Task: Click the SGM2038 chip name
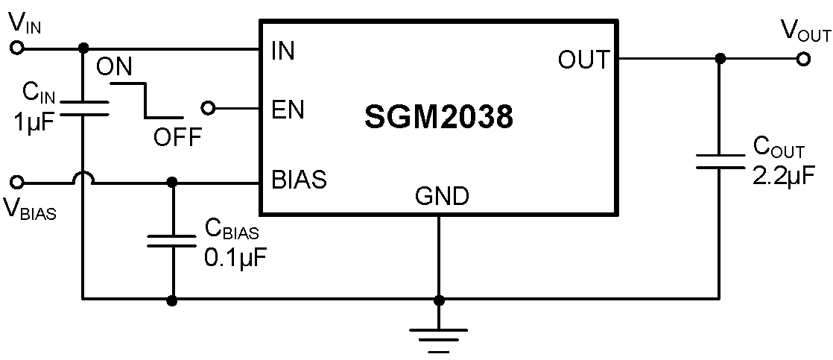coord(439,117)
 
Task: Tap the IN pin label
coord(282,51)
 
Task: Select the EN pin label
coord(288,110)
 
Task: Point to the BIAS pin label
coord(299,180)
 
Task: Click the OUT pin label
coord(583,60)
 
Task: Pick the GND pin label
coord(442,197)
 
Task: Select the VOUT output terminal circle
coord(803,60)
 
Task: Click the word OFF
coord(178,137)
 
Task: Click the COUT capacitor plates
coord(719,162)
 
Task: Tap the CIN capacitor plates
coord(82,107)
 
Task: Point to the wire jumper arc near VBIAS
coord(82,178)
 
